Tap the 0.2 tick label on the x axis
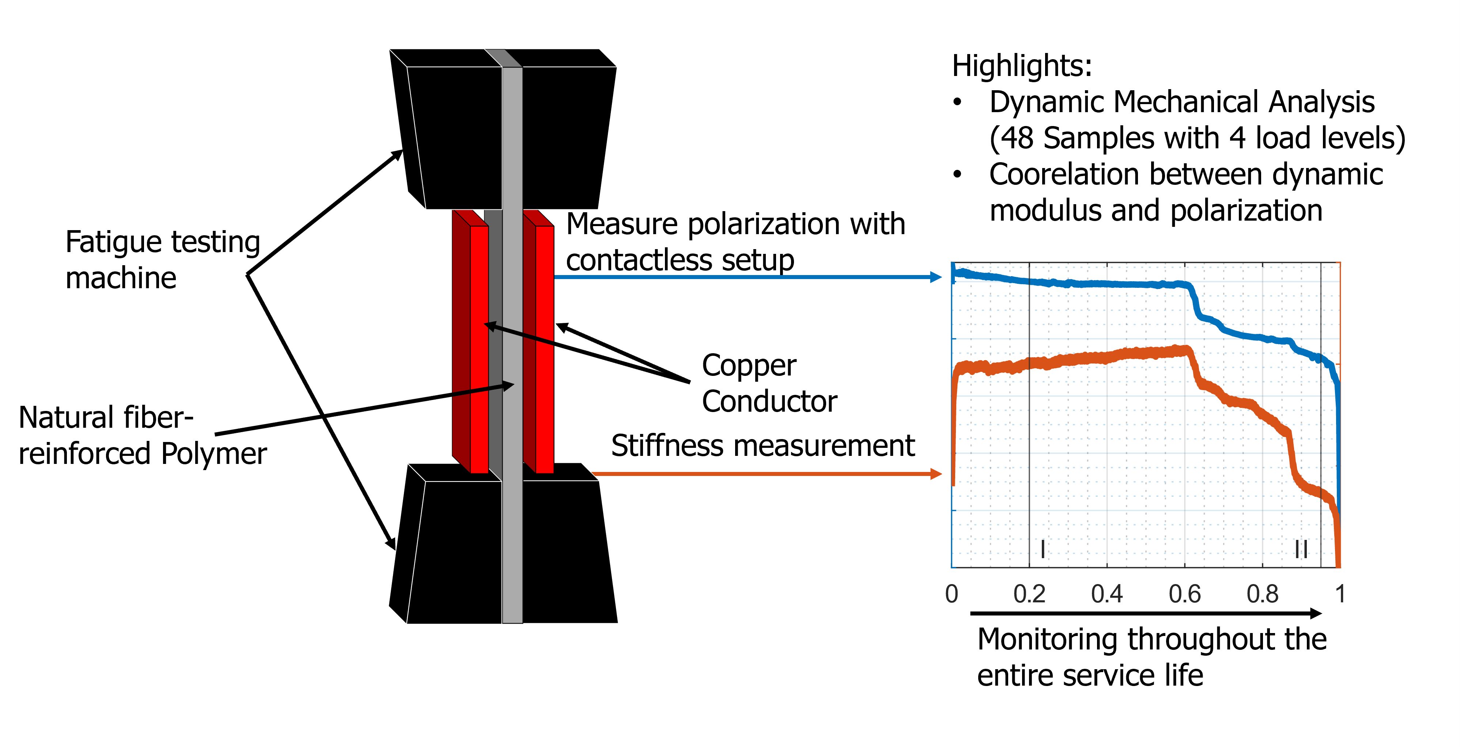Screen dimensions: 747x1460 coord(1029,594)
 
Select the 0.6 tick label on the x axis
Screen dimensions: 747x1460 coord(1184,594)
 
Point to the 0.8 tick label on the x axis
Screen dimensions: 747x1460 coord(1262,594)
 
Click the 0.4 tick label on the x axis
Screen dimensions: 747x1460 coord(1107,594)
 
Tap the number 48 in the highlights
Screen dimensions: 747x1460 coord(1018,139)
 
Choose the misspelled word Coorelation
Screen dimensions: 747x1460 coord(1064,175)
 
